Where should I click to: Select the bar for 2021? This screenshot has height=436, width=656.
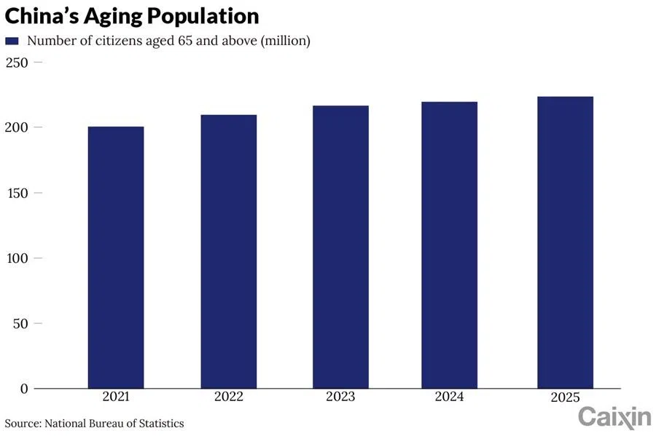(116, 257)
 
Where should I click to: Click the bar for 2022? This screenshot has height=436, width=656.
(228, 251)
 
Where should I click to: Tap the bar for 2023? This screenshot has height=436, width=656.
(340, 247)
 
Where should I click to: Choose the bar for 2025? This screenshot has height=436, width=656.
(565, 242)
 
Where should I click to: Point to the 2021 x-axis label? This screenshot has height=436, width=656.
(116, 397)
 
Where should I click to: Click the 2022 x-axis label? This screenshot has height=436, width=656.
(228, 397)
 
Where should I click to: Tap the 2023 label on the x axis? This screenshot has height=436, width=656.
(340, 397)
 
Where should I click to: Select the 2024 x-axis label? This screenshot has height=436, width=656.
(453, 397)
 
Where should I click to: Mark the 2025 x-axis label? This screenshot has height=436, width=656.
(565, 397)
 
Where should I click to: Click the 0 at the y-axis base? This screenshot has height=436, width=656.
(24, 389)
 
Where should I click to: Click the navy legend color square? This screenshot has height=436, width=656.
(12, 41)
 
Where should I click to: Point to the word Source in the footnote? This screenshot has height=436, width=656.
(23, 423)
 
